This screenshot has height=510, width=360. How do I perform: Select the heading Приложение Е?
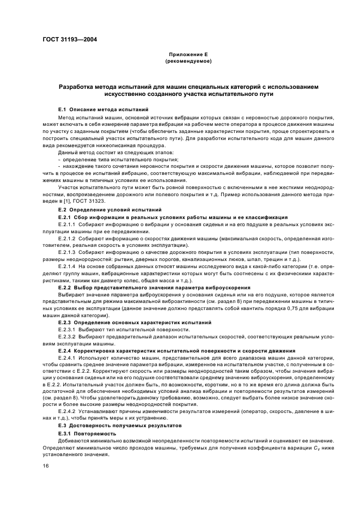(x=180, y=56)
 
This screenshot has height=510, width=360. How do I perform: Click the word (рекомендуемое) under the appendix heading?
(x=180, y=62)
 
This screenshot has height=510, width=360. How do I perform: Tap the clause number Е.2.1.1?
(x=68, y=223)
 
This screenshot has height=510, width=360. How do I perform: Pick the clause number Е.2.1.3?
(x=68, y=252)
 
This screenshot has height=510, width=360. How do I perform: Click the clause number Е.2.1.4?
(x=68, y=266)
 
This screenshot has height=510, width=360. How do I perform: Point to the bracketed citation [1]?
(x=69, y=202)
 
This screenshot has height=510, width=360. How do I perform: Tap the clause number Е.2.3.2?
(x=68, y=337)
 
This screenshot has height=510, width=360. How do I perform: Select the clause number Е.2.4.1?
(x=68, y=358)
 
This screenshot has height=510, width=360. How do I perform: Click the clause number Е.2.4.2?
(x=68, y=411)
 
